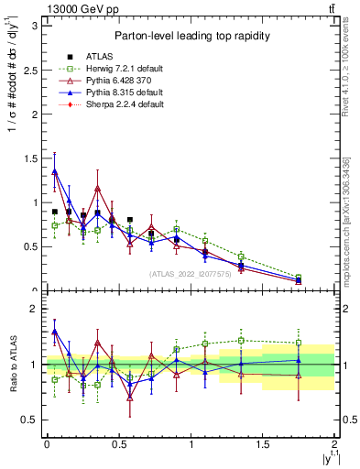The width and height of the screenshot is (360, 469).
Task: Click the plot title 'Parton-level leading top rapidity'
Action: point(191,36)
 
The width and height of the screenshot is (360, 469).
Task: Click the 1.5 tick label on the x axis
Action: point(263,444)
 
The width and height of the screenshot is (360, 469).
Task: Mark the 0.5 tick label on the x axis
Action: point(118,444)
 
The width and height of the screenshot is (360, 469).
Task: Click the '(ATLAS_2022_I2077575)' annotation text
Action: point(191,273)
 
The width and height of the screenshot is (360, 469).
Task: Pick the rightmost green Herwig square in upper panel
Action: point(299,277)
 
